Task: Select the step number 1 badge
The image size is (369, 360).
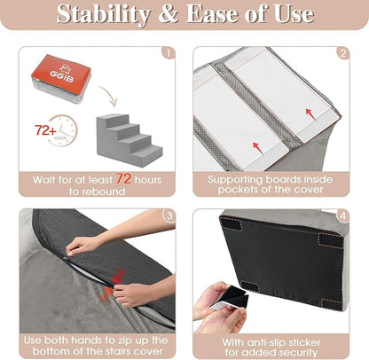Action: pyautogui.click(x=169, y=52)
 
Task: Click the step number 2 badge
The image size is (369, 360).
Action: pyautogui.click(x=342, y=52)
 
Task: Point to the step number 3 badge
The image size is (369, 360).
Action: pyautogui.click(x=169, y=215)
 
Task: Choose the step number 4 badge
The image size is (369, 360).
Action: pyautogui.click(x=342, y=215)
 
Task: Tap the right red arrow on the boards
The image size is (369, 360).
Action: pyautogui.click(x=309, y=113)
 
